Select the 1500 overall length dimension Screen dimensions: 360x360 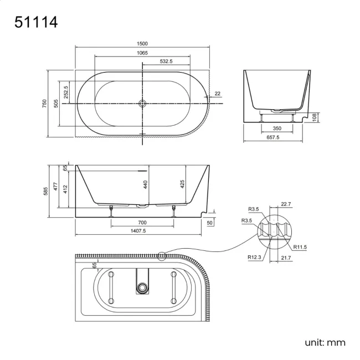pyautogui.click(x=142, y=44)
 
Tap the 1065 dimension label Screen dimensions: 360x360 pyautogui.click(x=142, y=53)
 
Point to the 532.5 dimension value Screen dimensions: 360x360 pyautogui.click(x=166, y=61)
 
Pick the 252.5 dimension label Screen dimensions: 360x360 pyautogui.click(x=66, y=92)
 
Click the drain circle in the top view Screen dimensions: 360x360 pyautogui.click(x=142, y=103)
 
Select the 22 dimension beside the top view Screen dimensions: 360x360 pyautogui.click(x=218, y=94)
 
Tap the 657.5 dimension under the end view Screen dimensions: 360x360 pyautogui.click(x=273, y=137)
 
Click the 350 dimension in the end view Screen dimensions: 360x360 pyautogui.click(x=277, y=128)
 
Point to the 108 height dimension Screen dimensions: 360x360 pyautogui.click(x=314, y=117)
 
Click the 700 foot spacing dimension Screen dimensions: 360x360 pyautogui.click(x=143, y=223)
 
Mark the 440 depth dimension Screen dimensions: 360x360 pyautogui.click(x=145, y=185)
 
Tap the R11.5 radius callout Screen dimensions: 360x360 pyautogui.click(x=301, y=247)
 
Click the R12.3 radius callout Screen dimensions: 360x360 pyautogui.click(x=255, y=256)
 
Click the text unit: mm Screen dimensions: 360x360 pyautogui.click(x=325, y=342)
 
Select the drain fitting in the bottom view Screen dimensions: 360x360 pyautogui.click(x=143, y=286)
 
